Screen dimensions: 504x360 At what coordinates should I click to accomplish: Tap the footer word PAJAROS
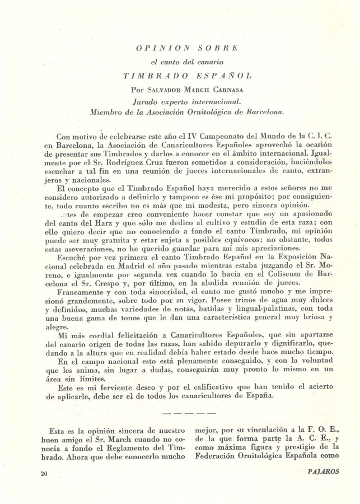click(x=323, y=472)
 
